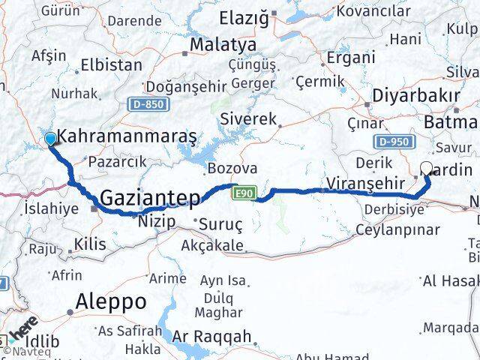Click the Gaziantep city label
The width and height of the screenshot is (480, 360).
(150, 199)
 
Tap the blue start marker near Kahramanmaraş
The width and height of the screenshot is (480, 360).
(50, 139)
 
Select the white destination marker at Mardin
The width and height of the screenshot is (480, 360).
(427, 169)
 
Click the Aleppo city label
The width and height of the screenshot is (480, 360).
(109, 301)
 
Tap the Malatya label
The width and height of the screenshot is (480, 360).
(222, 45)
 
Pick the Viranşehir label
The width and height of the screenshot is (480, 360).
(354, 182)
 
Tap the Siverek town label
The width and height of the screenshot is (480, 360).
(248, 118)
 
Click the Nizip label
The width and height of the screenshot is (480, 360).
(155, 221)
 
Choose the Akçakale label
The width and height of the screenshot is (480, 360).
(211, 245)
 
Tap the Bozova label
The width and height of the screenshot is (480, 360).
(232, 169)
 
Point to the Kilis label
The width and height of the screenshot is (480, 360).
(91, 244)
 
